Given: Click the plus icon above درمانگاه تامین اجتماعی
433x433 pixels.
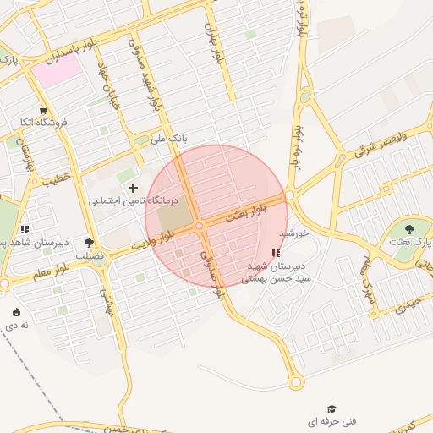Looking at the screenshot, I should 132,187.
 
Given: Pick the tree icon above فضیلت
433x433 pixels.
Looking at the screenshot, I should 89,243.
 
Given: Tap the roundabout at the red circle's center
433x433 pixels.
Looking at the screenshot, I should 200,226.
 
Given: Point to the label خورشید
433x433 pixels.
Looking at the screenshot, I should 303,232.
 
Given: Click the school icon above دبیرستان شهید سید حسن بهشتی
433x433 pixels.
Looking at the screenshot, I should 276,254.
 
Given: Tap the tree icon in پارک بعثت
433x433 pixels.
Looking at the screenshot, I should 410,228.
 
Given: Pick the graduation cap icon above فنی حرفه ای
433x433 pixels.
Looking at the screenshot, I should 332,409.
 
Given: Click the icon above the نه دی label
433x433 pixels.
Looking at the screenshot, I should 18,312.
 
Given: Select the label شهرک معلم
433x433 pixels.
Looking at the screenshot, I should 365,286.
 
